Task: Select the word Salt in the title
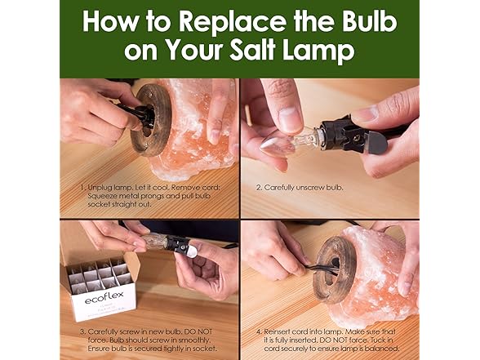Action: [263, 51]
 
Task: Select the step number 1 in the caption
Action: [82, 187]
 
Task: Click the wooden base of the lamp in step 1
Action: [154, 122]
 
